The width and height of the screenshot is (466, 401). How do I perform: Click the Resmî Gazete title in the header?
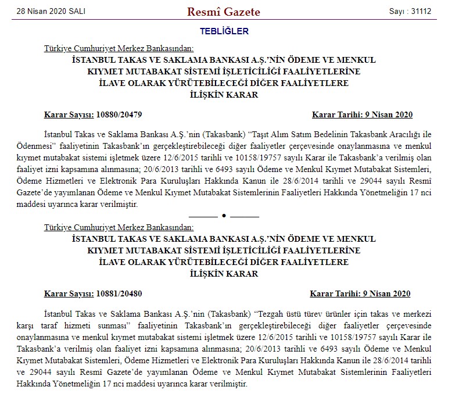point(224,12)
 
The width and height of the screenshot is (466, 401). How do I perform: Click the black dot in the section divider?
point(224,215)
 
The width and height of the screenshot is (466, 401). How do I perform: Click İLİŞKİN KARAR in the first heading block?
point(224,95)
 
